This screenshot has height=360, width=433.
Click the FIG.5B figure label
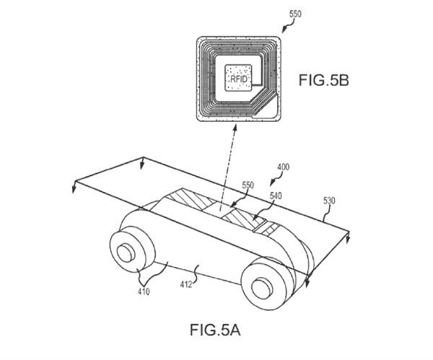coord(323,80)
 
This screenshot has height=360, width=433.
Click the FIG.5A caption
coord(215,330)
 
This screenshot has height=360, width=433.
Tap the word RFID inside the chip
coord(239,79)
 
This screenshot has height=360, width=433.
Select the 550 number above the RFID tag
coord(295,14)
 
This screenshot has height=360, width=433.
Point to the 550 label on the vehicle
coord(248,185)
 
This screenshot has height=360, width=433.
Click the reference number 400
coord(284,167)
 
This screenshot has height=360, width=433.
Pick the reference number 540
coord(276,196)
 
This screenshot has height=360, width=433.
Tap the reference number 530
coord(329,201)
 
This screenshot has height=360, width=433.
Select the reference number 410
coord(144,291)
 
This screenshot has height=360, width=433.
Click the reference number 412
coord(186,284)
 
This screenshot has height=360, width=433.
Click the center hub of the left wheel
coord(126,253)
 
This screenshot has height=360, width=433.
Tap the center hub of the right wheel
coord(262,289)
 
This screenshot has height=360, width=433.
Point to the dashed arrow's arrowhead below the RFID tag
coord(235,128)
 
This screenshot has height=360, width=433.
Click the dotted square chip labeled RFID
coord(238,78)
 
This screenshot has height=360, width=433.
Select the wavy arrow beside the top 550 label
coord(287,27)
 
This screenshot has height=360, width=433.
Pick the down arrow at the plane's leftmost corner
coord(74,187)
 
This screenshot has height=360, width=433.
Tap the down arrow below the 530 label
coord(348,237)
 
